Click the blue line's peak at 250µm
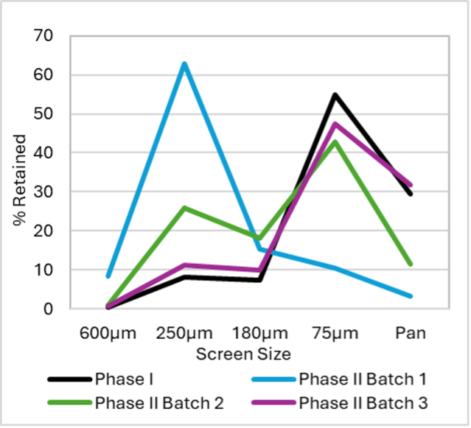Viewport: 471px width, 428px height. pyautogui.click(x=184, y=63)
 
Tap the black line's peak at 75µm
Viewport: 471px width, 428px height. pyautogui.click(x=335, y=94)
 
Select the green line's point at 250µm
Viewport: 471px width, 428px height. pyautogui.click(x=184, y=208)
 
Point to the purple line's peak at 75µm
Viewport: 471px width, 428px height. pyautogui.click(x=335, y=123)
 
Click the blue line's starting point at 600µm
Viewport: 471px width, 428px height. pyautogui.click(x=108, y=276)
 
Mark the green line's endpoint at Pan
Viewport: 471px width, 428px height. pyautogui.click(x=411, y=264)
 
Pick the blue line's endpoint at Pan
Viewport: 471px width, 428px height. pyautogui.click(x=411, y=296)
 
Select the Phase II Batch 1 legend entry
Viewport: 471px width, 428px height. pyautogui.click(x=362, y=379)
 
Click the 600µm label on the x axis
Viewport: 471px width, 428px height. pyautogui.click(x=108, y=333)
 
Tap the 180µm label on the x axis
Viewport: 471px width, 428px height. pyautogui.click(x=259, y=333)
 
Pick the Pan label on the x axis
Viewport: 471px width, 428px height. pyautogui.click(x=411, y=333)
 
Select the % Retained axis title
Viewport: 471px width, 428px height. pyautogui.click(x=20, y=180)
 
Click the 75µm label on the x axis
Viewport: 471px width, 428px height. pyautogui.click(x=335, y=333)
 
